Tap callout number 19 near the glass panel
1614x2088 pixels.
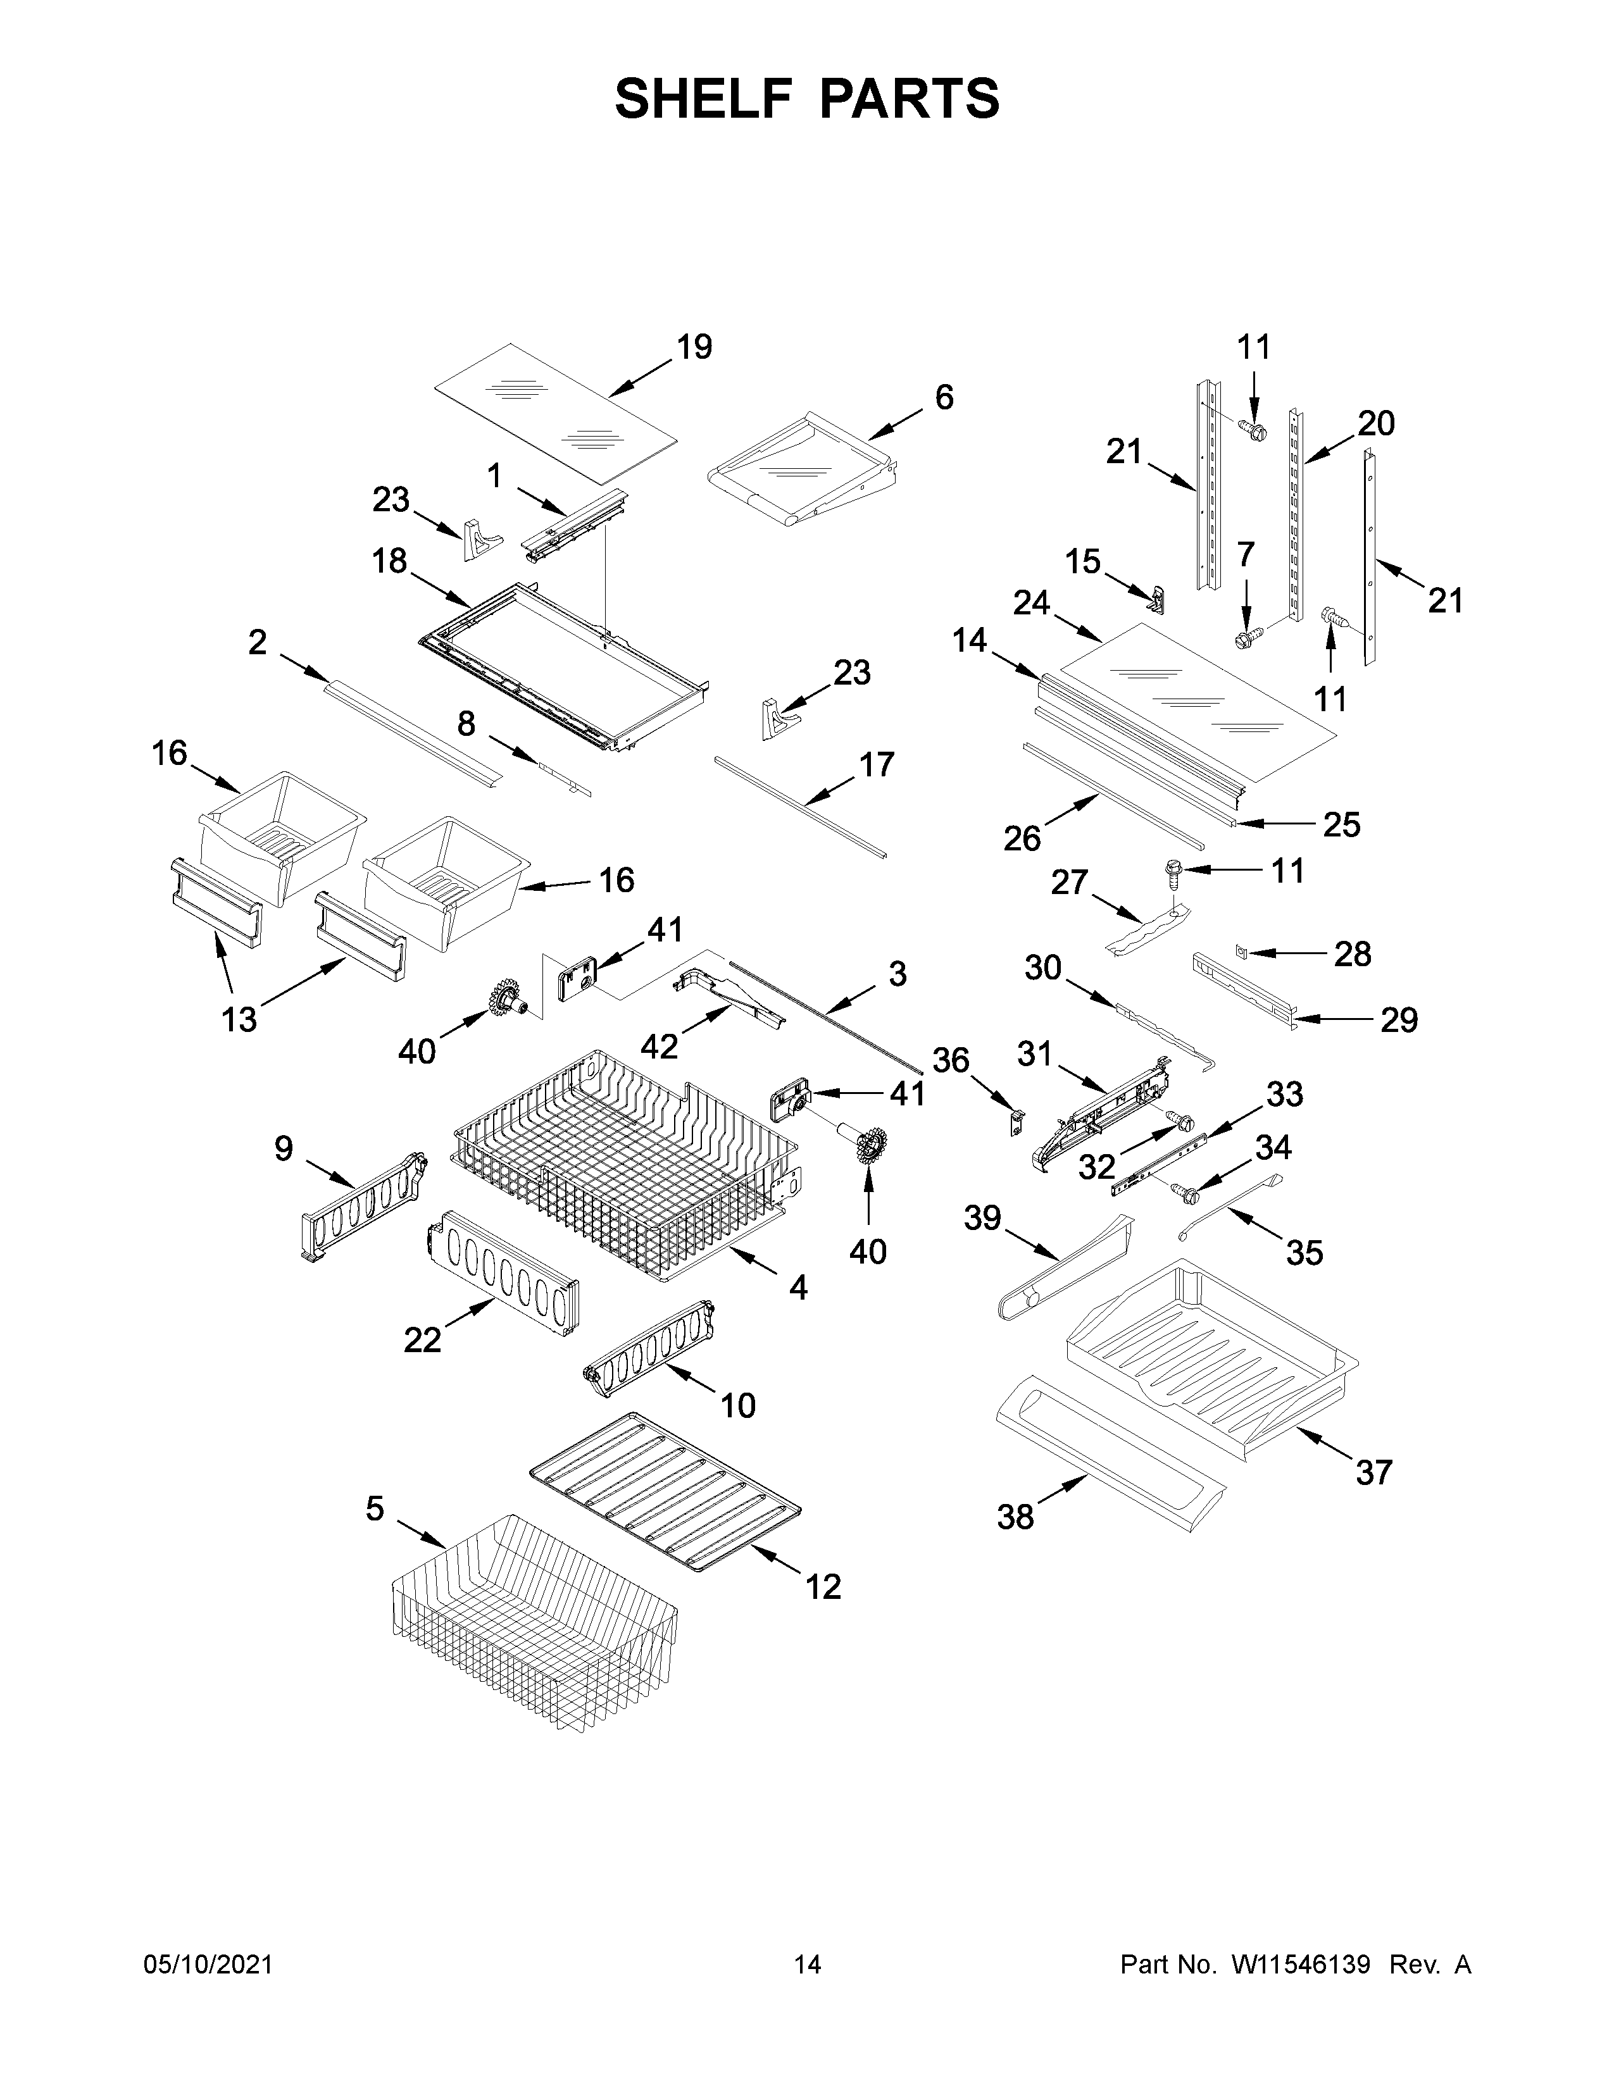694,347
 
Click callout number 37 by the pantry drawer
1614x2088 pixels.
1374,1472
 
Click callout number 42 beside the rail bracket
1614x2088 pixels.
659,1047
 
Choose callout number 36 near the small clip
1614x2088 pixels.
951,1060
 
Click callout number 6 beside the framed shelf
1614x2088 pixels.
944,398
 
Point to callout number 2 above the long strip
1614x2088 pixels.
257,642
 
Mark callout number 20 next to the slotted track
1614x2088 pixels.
1376,423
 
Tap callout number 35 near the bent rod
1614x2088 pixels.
1304,1252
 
